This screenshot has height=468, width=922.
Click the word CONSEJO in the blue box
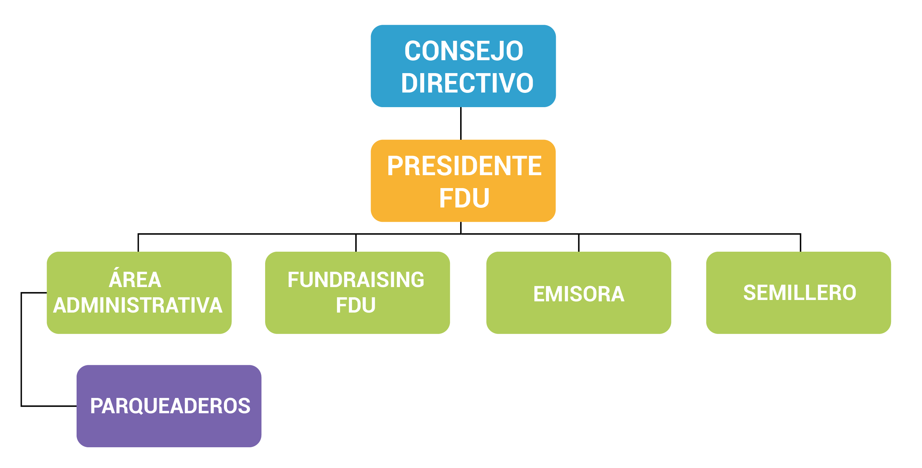(464, 51)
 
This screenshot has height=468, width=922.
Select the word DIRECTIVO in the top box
(467, 83)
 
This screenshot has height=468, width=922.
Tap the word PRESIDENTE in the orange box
(464, 166)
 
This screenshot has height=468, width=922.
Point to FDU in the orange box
(464, 198)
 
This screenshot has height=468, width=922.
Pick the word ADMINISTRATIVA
(138, 305)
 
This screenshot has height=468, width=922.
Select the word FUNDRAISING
(356, 280)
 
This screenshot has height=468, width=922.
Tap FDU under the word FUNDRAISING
(356, 305)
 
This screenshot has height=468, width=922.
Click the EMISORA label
(579, 294)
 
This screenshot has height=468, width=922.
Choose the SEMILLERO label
(799, 293)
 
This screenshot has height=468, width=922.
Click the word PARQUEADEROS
(171, 406)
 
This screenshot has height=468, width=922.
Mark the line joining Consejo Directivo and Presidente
(460, 123)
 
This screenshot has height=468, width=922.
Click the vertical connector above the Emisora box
(579, 243)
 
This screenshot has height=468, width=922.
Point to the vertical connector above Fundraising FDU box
(356, 243)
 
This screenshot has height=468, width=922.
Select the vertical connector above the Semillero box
(800, 243)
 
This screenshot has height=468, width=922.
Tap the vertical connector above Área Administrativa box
(138, 243)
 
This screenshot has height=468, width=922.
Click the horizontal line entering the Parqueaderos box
(49, 406)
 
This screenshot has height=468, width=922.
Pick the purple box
(169, 406)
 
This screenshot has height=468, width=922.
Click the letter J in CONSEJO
(498, 51)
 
